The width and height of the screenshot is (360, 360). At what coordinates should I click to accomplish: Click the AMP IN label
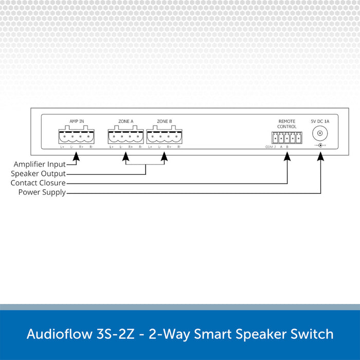pos(77,121)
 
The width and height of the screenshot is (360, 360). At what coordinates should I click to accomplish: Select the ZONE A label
pos(126,121)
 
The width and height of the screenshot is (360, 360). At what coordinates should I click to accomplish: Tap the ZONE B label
pos(165,121)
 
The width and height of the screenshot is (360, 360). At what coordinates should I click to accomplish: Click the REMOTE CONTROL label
pos(287,124)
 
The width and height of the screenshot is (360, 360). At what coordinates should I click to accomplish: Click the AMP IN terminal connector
pos(77,136)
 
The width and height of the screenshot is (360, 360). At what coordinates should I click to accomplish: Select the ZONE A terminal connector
pos(126,136)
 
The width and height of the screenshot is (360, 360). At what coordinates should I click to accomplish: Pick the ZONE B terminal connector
pos(165,136)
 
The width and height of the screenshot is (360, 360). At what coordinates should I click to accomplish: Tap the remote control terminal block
pos(287,138)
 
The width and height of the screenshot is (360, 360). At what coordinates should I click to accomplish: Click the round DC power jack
pos(321,134)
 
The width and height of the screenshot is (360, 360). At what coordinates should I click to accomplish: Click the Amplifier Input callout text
pos(40,164)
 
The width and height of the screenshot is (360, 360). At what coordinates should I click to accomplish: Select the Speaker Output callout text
pos(39,173)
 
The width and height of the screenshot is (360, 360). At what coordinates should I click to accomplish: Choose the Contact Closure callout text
pos(38,183)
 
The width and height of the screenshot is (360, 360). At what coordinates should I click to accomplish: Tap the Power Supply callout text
pos(42,192)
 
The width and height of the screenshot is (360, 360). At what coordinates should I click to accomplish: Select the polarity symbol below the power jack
pos(321,146)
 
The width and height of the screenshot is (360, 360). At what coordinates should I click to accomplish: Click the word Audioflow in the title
pos(57,334)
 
